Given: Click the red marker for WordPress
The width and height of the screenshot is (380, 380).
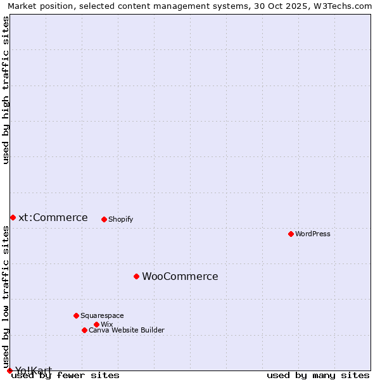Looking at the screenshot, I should [x=291, y=234].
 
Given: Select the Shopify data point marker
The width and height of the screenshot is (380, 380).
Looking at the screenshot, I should [x=104, y=219].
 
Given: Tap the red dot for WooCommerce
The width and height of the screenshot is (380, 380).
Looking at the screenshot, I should [x=136, y=276].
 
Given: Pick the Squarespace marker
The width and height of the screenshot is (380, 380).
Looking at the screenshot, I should [x=76, y=315].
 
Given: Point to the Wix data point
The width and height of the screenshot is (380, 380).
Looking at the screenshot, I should [x=96, y=324].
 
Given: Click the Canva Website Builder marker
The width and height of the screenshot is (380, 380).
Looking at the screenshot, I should [x=84, y=330].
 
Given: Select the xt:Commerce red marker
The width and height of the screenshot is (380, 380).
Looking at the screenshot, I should [x=13, y=217].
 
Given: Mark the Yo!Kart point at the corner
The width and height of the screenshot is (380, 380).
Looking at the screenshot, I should [x=9, y=370].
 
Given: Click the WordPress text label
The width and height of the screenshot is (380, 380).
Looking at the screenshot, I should [x=313, y=234].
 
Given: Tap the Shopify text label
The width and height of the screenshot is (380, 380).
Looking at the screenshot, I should [x=120, y=219].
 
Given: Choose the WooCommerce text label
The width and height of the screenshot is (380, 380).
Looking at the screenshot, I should [x=180, y=276].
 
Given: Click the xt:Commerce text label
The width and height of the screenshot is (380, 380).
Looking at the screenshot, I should [x=53, y=217].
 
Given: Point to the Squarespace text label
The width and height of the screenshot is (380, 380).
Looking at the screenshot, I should [x=102, y=315].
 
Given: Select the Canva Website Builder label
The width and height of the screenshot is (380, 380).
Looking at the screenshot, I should [x=127, y=330].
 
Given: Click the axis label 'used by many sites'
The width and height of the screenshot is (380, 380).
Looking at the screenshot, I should [x=318, y=375].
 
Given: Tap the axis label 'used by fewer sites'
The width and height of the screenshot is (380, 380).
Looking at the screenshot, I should [x=65, y=375].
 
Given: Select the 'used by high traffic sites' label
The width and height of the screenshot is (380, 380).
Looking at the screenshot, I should [x=6, y=90].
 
